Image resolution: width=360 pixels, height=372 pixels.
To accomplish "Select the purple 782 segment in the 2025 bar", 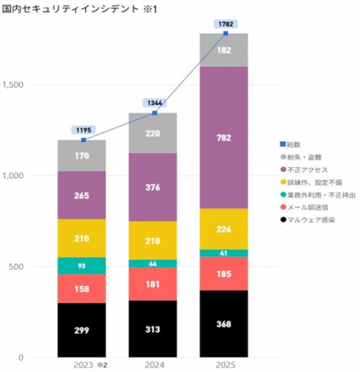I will pos(225,136).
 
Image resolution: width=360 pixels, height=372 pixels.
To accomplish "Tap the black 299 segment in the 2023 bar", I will pos(81,330).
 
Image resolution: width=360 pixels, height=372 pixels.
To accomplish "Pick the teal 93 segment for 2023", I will pos(81,265).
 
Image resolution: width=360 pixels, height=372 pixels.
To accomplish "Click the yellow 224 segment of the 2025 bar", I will pos(225,229).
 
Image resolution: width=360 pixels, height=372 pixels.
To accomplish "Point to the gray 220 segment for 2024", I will pos(153,132).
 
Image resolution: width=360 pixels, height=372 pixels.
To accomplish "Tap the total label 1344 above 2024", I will pos(154,103).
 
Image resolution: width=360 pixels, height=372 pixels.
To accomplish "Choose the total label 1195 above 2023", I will pos(83,130).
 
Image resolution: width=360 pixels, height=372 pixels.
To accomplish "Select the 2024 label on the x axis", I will pos(153,363).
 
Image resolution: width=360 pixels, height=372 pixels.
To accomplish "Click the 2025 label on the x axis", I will pos(225,363).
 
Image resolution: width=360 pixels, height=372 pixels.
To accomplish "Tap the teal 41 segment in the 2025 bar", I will pos(225,253).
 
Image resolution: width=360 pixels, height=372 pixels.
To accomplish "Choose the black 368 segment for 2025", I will pos(225,323).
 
